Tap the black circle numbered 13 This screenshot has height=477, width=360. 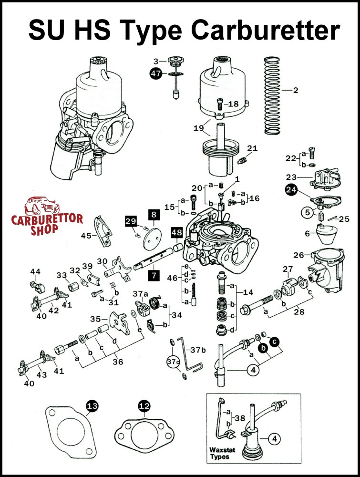pos(91,406)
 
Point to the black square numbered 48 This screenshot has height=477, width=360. pos(177,232)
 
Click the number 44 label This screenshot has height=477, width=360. pos(35,272)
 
